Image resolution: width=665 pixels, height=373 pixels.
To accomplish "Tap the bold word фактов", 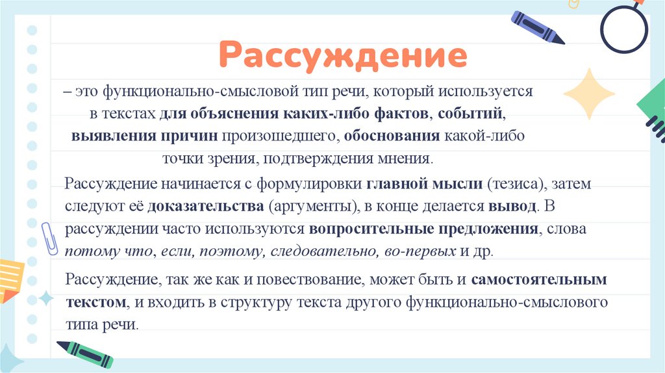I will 401,114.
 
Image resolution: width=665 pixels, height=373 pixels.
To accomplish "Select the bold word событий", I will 471,114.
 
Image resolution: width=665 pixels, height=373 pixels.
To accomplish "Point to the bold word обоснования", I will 392,136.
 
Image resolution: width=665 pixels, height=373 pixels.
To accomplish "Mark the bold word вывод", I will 512,207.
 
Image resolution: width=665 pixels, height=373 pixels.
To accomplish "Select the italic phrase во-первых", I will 425,251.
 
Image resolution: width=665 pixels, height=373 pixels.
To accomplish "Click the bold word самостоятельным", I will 539,281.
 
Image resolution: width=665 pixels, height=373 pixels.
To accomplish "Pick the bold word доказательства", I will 205,207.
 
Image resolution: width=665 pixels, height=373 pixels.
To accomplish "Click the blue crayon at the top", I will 538,27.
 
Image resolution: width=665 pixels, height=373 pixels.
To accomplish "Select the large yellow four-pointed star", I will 589,94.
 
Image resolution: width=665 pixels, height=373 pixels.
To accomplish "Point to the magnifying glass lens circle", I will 624,29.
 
